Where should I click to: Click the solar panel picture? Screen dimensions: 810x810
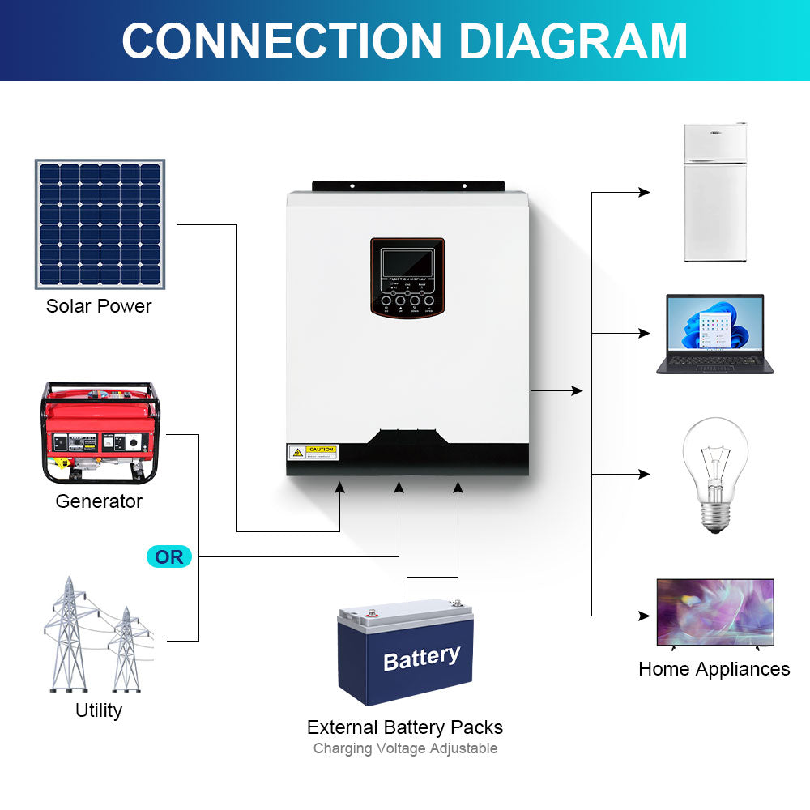100,224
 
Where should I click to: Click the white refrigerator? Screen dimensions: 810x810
714,193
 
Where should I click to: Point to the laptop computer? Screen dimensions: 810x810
714,334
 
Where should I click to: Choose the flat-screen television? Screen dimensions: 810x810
714,613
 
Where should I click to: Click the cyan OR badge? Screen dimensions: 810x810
169,557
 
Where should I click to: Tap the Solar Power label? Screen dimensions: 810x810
99,306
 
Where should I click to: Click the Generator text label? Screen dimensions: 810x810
99,501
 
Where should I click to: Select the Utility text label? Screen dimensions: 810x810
99,710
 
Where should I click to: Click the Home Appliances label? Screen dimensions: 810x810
714,669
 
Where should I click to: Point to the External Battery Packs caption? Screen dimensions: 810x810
405,727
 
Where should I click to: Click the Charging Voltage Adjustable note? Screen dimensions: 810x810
405,748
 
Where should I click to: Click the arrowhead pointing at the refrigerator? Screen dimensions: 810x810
645,193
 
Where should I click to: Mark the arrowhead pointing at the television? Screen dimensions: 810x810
645,616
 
